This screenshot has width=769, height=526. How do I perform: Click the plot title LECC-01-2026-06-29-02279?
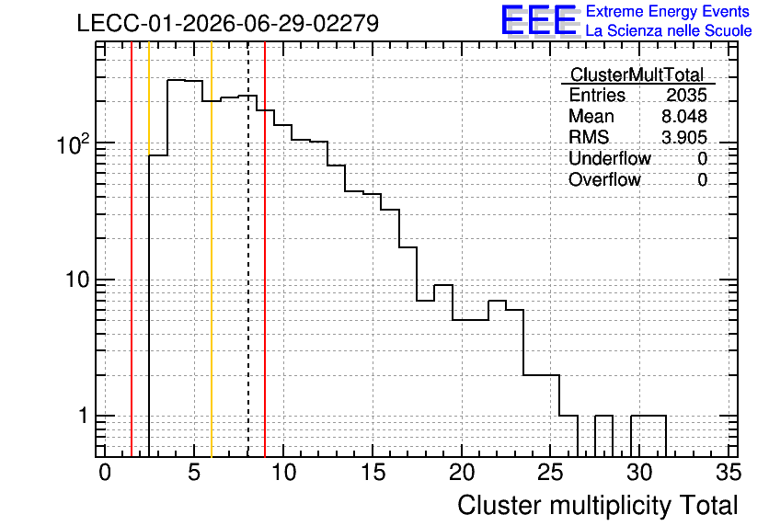point(228,23)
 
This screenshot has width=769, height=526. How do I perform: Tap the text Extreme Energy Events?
point(668,11)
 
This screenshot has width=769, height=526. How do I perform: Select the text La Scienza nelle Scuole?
point(669,31)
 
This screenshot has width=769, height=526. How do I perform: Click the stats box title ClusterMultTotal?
point(637,74)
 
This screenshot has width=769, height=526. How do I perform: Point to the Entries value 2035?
point(686,95)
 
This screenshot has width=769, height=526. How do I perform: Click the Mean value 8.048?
point(684,116)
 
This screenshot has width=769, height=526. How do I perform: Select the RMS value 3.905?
point(684,137)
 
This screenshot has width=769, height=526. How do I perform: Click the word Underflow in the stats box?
point(610,158)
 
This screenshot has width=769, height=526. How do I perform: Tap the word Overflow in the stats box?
point(604,179)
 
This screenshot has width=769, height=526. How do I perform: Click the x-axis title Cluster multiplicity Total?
point(598,505)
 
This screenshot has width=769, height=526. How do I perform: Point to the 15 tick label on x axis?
point(373,473)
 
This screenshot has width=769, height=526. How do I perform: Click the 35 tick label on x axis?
point(729,473)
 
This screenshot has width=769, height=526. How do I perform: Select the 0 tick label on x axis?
point(105,473)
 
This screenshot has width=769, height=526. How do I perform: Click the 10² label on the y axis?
point(73,144)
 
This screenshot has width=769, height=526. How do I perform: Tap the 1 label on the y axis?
point(83,416)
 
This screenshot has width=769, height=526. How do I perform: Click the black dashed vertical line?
point(248,249)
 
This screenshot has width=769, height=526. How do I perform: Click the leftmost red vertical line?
point(132,249)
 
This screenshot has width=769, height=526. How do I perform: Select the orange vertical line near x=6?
point(212,249)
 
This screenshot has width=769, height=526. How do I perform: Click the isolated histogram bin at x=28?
point(604,416)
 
